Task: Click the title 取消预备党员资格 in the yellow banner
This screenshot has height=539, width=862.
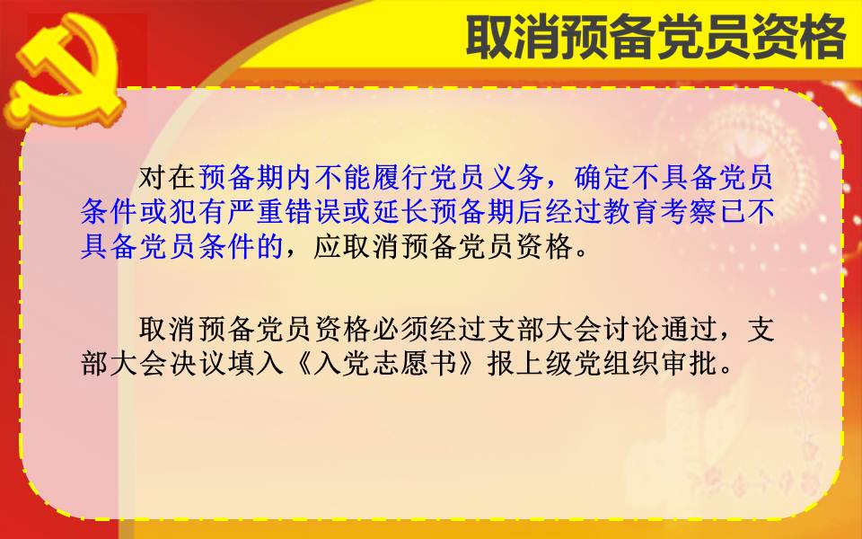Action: [655, 37]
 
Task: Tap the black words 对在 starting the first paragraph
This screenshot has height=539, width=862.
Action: [166, 177]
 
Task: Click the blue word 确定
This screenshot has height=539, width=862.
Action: [603, 177]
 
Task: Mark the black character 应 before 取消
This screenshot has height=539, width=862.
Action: [327, 246]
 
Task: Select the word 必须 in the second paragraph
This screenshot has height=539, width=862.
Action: [400, 329]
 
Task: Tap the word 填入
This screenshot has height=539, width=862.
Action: [254, 363]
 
